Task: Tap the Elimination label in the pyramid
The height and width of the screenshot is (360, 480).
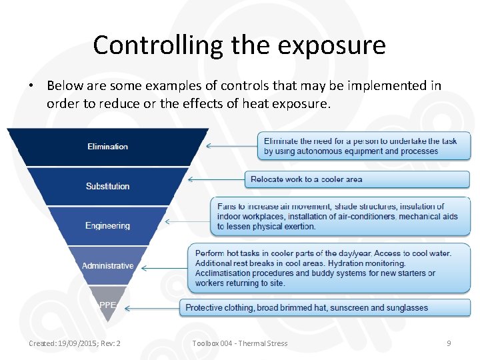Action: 107,147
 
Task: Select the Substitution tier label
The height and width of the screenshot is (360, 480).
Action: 107,186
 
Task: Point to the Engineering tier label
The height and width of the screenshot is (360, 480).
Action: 107,225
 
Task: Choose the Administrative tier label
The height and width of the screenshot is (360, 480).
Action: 107,265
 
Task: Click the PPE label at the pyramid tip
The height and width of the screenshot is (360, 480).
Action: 107,305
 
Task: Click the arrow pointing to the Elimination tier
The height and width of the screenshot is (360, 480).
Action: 231,145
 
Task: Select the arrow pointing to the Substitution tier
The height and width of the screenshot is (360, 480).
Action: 217,179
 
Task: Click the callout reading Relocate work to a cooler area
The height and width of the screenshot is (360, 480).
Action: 358,179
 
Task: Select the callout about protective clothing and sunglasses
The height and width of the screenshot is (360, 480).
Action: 325,308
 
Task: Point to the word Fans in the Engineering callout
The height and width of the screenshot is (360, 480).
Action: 227,207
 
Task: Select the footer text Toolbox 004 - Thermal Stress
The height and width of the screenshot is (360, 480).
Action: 239,343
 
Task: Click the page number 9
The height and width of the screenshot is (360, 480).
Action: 449,343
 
